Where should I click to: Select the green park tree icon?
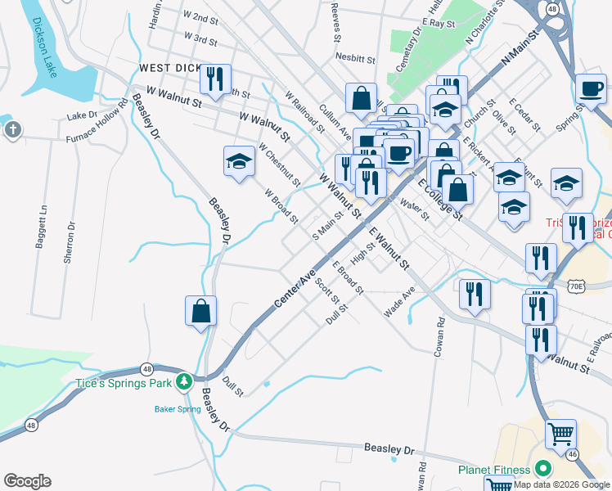pos(186,381)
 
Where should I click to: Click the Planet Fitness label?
pos(493,470)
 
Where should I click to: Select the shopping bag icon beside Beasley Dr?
pos(200,311)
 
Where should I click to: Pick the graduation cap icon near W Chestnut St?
pos(239,161)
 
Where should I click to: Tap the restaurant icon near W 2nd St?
pos(215,79)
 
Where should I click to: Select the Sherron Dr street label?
pos(70,242)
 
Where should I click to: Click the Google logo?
pos(27,481)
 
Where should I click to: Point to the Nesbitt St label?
pos(355,58)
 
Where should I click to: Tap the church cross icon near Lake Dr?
pos(12,129)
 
